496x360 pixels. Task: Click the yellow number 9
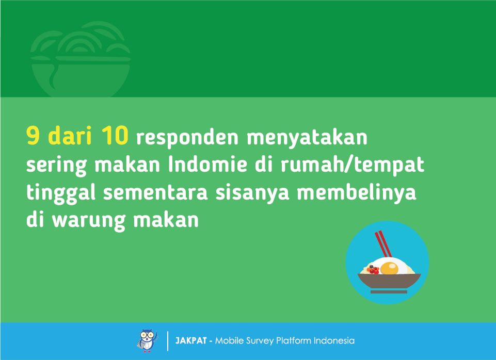[x=33, y=135]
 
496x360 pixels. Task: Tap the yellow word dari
[x=70, y=135]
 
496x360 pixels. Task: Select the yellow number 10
[x=115, y=135]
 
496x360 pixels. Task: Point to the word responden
[x=187, y=137]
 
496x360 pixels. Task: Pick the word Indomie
[x=207, y=164]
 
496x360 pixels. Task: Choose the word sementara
[x=155, y=192]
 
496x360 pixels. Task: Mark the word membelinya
[x=357, y=192]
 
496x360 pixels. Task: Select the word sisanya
[x=252, y=192]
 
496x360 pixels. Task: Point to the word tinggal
[x=61, y=192]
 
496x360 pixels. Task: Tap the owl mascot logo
[x=148, y=340]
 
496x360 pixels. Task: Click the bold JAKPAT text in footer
[x=191, y=341]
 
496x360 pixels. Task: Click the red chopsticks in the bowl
[x=383, y=243]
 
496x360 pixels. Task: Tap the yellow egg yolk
[x=389, y=269]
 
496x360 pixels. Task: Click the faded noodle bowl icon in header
[x=81, y=59]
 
